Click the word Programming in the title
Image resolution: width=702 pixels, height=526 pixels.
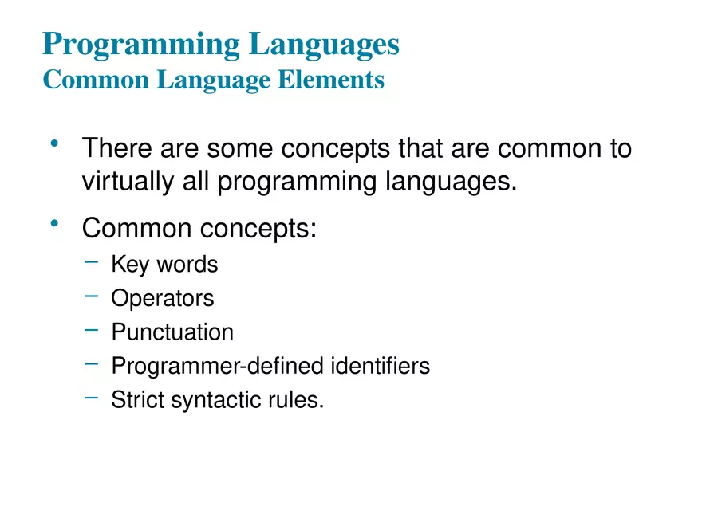tap(140, 45)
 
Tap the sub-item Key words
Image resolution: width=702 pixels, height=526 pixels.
tap(164, 264)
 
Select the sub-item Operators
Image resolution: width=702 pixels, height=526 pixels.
tap(163, 299)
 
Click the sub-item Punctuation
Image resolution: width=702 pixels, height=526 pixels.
tap(172, 332)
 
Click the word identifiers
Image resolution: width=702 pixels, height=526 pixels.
tap(380, 366)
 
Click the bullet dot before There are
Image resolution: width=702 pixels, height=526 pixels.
tap(54, 144)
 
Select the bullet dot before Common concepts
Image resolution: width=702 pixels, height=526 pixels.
tap(54, 224)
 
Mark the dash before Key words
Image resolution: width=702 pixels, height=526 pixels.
tap(92, 261)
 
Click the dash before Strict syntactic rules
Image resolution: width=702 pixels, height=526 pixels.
tap(92, 396)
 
